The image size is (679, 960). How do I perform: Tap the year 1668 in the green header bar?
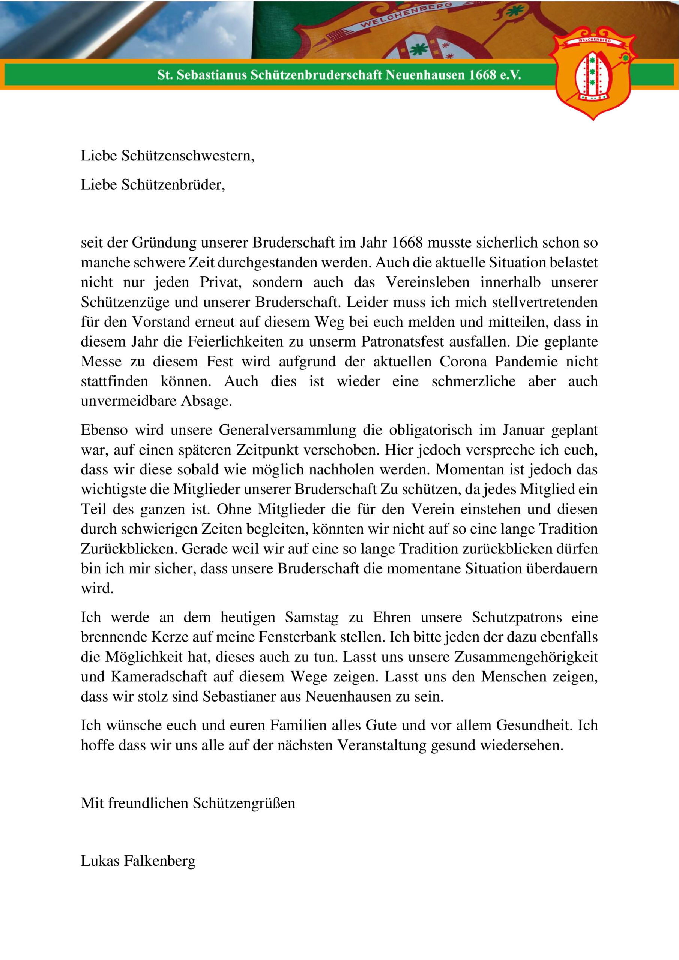click(x=482, y=75)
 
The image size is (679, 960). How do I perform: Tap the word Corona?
click(x=463, y=361)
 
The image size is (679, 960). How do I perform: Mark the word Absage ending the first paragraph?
click(x=206, y=401)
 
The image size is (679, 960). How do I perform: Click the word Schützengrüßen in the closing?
click(x=244, y=803)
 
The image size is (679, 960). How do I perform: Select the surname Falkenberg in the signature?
click(x=159, y=861)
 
